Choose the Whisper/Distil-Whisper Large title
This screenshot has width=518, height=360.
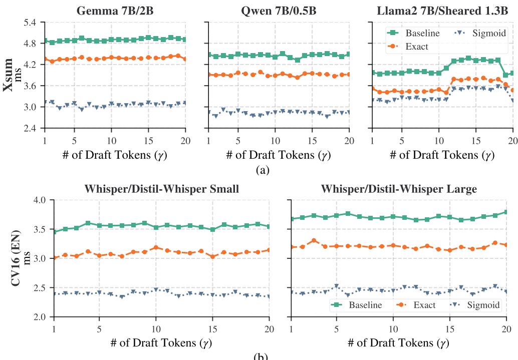click(x=398, y=190)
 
